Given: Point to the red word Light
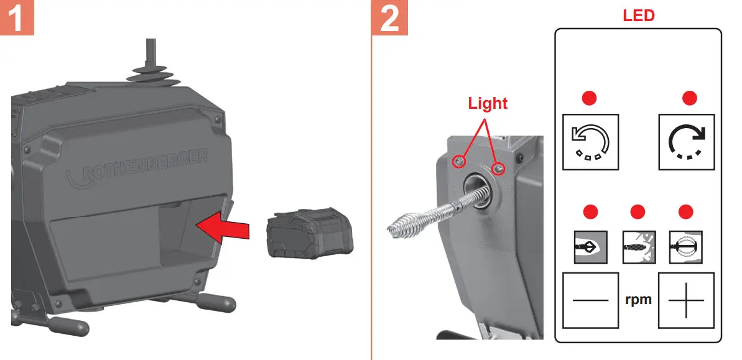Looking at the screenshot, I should [488, 103].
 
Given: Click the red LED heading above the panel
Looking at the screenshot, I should [639, 15].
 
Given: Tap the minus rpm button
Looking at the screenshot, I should [590, 300].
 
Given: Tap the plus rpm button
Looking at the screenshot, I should [687, 300].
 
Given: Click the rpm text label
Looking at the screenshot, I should [638, 300].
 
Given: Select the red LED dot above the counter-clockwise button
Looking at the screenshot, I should [589, 98].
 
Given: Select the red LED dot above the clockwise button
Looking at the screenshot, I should [689, 98].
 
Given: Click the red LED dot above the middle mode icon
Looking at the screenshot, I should [638, 212].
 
